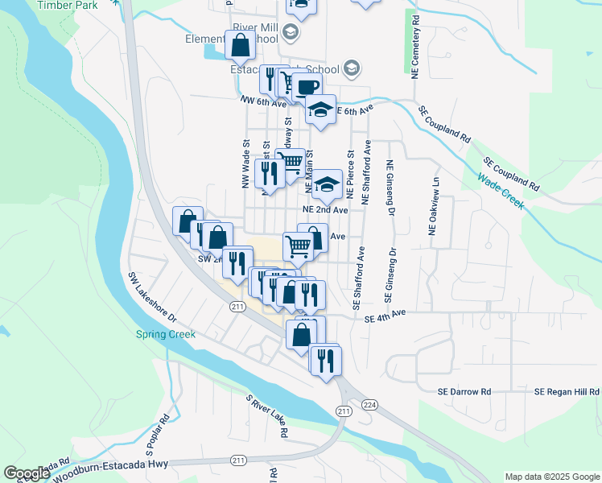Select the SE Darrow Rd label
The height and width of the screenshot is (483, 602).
[x=464, y=391]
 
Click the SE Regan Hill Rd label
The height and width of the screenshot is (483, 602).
[x=567, y=391]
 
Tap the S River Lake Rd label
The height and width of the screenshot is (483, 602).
[x=267, y=415]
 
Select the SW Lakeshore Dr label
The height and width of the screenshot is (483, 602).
[x=152, y=295]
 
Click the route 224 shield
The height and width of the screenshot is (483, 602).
[x=369, y=404]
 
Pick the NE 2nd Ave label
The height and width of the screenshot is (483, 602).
[x=325, y=209]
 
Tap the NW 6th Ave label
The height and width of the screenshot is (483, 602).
[x=263, y=103]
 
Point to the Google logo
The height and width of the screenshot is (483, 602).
[x=27, y=473]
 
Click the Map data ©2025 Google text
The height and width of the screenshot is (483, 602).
[x=551, y=477]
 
